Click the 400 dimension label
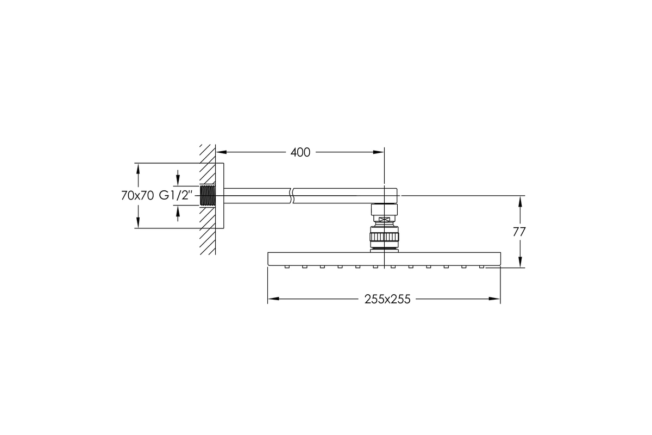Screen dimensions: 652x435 (300, 152)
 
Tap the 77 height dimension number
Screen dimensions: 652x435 (519, 232)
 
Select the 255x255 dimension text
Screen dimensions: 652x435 (387, 299)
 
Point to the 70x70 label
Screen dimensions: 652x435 (137, 196)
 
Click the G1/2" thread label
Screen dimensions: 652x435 (176, 196)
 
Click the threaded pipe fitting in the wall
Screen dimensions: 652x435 (208, 196)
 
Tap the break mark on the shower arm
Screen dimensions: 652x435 (292, 196)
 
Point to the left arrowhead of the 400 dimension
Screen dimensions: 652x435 (221, 152)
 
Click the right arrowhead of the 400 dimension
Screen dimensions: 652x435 (379, 152)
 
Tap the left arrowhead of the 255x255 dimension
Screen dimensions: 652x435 (273, 299)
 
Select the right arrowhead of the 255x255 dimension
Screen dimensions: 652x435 (494, 299)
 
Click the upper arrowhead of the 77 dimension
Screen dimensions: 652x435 (520, 201)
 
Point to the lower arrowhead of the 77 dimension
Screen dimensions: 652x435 (520, 262)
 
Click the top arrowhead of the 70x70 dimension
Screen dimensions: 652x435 (138, 169)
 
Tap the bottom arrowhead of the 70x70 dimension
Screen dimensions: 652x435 (138, 222)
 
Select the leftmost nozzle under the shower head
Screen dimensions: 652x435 (287, 266)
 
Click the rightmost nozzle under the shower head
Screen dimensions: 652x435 (481, 266)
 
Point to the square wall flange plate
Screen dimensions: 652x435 (220, 196)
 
